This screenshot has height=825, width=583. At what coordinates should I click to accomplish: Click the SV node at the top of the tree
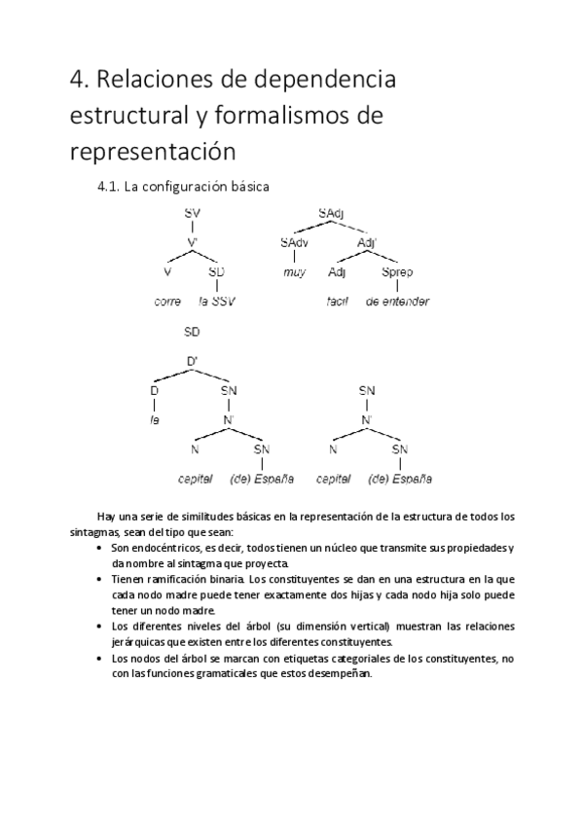click(193, 212)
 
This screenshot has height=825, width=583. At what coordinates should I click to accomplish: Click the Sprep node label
click(397, 272)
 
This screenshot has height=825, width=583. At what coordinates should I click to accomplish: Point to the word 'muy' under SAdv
click(294, 272)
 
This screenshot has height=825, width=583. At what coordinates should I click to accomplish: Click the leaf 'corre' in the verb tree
click(168, 302)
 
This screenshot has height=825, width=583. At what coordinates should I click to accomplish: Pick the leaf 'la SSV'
click(217, 302)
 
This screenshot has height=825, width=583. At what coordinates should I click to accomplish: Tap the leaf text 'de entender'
click(397, 302)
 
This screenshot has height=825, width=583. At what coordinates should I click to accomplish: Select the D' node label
click(193, 362)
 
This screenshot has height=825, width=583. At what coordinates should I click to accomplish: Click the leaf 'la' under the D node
click(154, 420)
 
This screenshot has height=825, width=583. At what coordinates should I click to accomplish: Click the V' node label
click(193, 242)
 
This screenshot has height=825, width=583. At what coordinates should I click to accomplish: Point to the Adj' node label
click(368, 242)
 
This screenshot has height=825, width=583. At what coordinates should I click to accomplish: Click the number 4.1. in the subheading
click(109, 185)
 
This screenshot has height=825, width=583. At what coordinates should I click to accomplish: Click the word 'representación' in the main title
click(153, 152)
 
